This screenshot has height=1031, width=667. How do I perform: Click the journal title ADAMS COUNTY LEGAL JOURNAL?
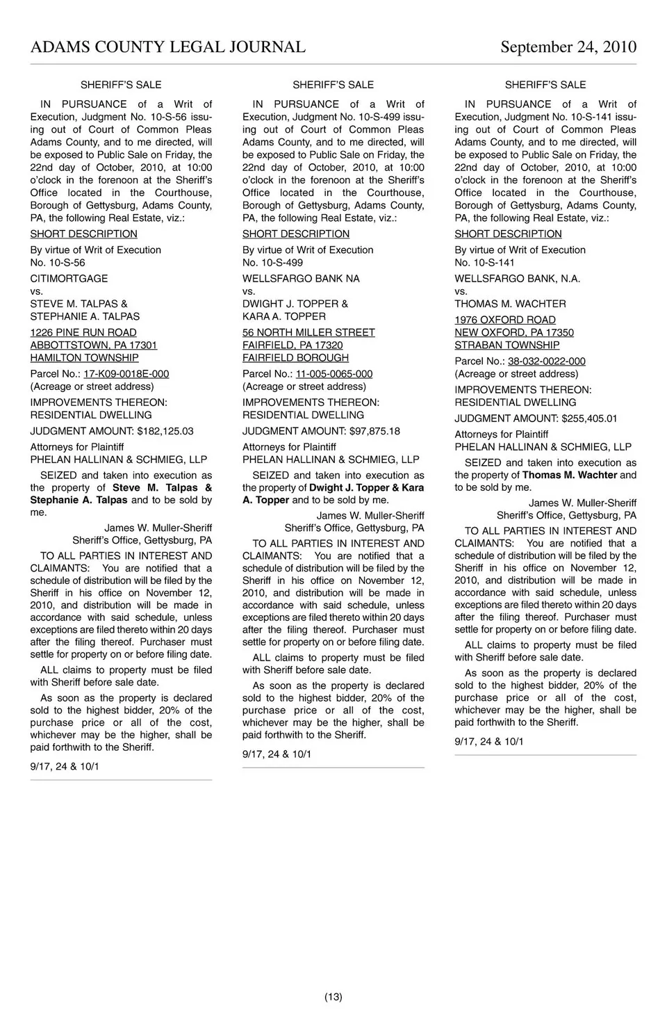(x=167, y=47)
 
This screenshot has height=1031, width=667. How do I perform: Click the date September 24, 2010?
(x=568, y=47)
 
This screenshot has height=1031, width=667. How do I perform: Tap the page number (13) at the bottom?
(x=333, y=997)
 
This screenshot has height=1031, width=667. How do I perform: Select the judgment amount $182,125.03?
(x=165, y=431)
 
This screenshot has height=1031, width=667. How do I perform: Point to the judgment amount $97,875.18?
(x=374, y=431)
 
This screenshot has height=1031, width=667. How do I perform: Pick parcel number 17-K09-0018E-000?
(x=126, y=374)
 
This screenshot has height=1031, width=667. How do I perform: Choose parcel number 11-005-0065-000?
(x=334, y=374)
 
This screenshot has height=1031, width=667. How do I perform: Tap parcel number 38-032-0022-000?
(x=546, y=362)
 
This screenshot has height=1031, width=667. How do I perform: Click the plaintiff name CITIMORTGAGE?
(x=69, y=279)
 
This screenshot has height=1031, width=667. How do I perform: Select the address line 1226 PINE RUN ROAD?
(x=83, y=333)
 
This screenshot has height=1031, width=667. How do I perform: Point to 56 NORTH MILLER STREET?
(x=308, y=333)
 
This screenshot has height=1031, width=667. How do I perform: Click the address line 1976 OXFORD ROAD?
(x=505, y=320)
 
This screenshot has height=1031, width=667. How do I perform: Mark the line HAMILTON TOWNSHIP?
(x=84, y=358)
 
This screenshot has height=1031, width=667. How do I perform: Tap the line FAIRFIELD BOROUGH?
(x=295, y=358)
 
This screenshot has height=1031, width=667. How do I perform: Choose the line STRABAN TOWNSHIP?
(x=507, y=346)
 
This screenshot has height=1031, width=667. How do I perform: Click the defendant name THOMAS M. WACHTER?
(x=510, y=304)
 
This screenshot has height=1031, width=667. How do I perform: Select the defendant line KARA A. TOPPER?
(x=283, y=316)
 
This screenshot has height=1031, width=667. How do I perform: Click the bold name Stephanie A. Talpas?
(x=79, y=500)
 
